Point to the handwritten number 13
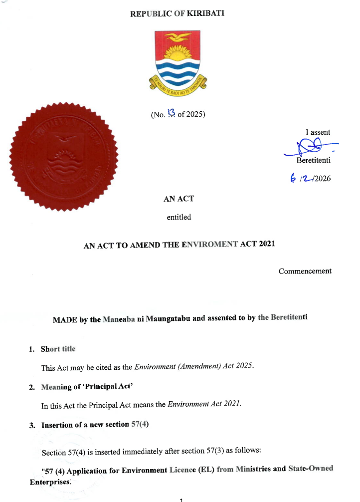pos(172,113)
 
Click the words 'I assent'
pos(318,133)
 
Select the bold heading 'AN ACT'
pos(179,199)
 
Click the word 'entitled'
pos(179,217)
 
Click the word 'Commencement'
pos(305,271)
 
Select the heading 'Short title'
pos(58,349)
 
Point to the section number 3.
pos(31,425)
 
